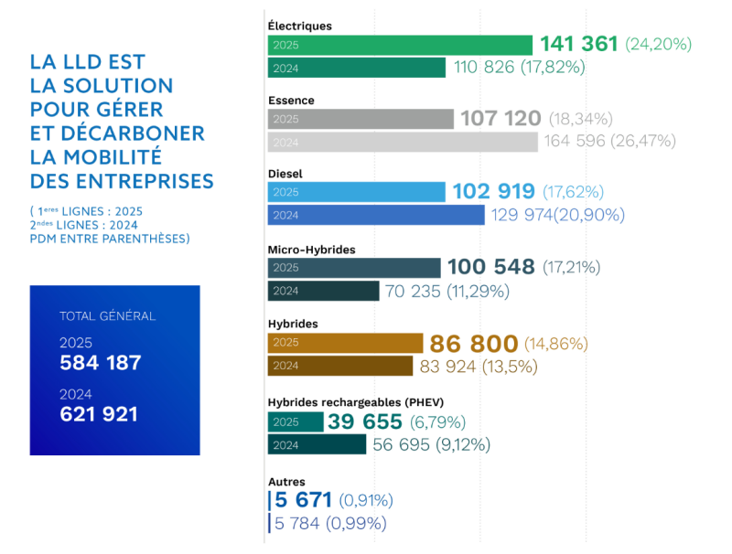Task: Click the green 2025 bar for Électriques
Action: click(400, 44)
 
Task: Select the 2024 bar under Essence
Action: click(403, 142)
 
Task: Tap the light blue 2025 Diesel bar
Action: click(357, 192)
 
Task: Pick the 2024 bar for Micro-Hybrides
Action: click(323, 291)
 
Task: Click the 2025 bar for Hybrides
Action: click(344, 343)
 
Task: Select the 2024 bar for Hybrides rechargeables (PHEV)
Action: click(317, 444)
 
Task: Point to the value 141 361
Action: click(579, 44)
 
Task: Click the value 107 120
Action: click(501, 119)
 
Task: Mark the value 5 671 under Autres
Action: click(303, 500)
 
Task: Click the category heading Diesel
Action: click(285, 173)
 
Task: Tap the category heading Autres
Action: click(286, 481)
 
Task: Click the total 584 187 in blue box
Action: click(101, 363)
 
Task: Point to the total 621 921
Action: click(99, 414)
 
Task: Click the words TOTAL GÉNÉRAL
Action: click(107, 316)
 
